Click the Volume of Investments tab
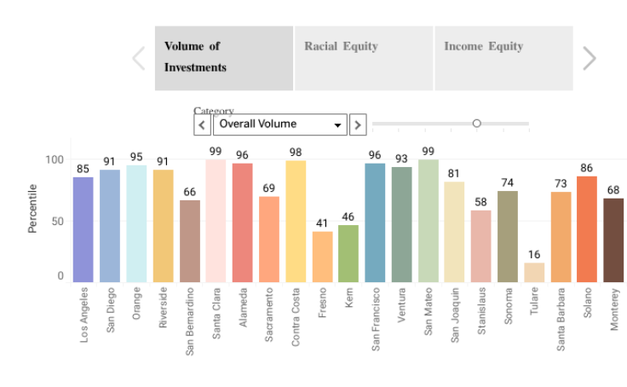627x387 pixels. tap(223, 57)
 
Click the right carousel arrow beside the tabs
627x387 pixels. tap(589, 58)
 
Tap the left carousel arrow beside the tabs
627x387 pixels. tap(139, 58)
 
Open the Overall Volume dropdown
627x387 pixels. tap(279, 124)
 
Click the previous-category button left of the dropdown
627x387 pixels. tap(203, 124)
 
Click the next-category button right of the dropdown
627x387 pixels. tap(358, 124)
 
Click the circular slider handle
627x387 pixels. tap(477, 124)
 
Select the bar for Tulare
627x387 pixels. tap(534, 272)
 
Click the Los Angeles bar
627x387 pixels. tap(83, 229)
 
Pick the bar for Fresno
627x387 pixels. tap(322, 257)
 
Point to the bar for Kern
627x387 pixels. tap(348, 253)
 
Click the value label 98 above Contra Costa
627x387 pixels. tap(296, 153)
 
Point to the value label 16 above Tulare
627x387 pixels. tap(534, 255)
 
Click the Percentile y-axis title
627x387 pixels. tap(32, 208)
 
